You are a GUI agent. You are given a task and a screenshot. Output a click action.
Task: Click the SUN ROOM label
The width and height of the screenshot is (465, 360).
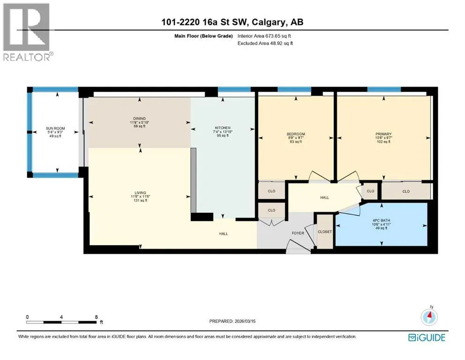(55, 128)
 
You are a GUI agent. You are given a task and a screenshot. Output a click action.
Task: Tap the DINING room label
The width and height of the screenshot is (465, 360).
(140, 119)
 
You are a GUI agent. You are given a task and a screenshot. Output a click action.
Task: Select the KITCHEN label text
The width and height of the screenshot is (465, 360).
(223, 128)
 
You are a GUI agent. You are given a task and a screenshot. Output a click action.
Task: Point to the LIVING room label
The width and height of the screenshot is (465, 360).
(140, 193)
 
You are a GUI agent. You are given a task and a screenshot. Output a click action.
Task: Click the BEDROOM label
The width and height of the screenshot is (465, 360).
(295, 134)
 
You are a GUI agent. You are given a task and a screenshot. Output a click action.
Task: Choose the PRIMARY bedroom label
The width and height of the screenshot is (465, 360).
(384, 134)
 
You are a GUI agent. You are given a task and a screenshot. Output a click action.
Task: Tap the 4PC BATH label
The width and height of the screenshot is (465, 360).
(381, 220)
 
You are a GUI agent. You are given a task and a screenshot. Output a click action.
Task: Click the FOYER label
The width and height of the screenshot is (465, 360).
(298, 233)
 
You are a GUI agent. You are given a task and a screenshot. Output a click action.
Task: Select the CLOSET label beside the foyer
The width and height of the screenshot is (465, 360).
(325, 232)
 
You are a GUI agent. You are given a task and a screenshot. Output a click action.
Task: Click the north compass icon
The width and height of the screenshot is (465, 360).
(429, 317)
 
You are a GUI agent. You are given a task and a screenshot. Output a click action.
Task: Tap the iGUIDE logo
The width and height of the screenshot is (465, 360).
(427, 338)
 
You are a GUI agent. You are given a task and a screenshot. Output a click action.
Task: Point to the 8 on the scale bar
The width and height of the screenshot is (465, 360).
(96, 317)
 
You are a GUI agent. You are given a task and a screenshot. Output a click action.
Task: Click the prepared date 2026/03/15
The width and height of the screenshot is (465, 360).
(244, 321)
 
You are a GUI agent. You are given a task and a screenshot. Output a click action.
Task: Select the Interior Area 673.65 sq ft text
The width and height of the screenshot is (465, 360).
(264, 36)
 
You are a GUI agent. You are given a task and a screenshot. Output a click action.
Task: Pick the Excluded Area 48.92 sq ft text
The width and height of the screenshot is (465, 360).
(265, 43)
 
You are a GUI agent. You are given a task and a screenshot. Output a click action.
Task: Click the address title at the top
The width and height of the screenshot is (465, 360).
(232, 22)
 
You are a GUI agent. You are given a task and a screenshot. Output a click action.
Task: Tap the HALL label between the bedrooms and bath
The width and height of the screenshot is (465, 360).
(325, 197)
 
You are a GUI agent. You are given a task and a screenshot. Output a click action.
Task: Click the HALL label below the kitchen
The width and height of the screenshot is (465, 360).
(224, 233)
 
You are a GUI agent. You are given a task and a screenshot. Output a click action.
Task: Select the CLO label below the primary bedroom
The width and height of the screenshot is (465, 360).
(406, 191)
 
